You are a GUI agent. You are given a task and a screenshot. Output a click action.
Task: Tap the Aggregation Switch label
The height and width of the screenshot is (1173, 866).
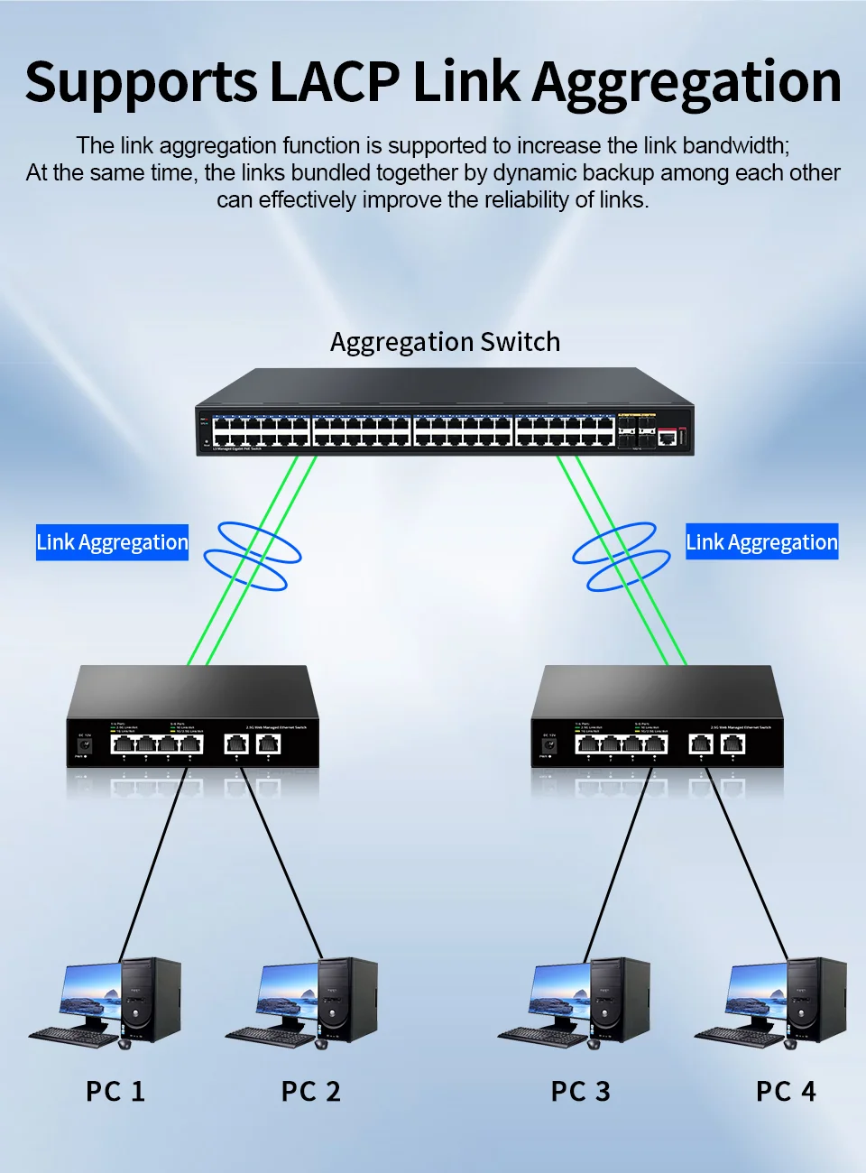[445, 342]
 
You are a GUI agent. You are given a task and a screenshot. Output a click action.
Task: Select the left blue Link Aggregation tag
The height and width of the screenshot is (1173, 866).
[112, 542]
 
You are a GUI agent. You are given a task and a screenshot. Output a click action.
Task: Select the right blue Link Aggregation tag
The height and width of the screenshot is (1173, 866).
[761, 541]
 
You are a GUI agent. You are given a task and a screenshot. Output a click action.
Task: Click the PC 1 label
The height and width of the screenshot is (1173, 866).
[115, 1091]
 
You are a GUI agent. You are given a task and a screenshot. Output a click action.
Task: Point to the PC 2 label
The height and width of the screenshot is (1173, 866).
[311, 1091]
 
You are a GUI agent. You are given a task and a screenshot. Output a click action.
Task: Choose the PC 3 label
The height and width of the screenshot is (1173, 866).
[581, 1091]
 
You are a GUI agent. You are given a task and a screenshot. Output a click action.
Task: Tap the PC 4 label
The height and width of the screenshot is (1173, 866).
[786, 1091]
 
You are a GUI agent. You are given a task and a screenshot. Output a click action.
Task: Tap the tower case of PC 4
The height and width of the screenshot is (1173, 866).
[816, 997]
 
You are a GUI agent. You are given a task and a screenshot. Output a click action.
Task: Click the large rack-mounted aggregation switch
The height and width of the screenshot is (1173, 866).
[444, 415]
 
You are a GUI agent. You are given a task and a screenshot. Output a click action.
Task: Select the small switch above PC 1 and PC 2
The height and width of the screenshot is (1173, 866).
[192, 717]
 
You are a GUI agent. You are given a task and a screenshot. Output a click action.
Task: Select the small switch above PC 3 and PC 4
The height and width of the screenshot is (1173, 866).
[657, 717]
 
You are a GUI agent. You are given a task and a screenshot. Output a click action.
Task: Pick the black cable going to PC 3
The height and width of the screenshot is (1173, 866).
[618, 866]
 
